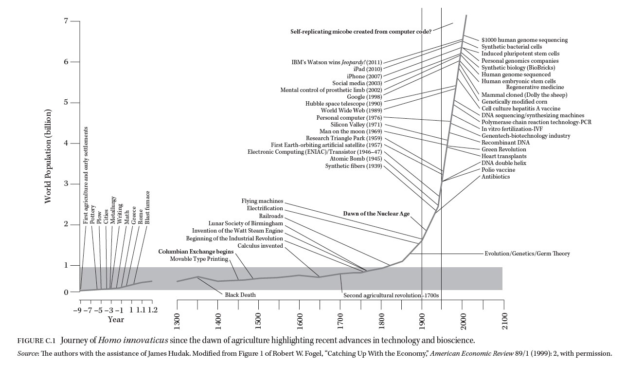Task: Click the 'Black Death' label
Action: coord(240,295)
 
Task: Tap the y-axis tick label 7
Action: coord(65,21)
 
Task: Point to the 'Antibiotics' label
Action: coord(496,177)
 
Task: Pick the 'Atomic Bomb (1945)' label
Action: coord(356,159)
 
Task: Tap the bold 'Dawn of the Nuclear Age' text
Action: coord(376,214)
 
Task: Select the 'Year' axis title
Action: coord(116,320)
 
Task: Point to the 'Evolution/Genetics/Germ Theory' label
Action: coord(527,254)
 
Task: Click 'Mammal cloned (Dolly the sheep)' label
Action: coord(524,95)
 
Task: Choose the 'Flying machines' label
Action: coord(262,201)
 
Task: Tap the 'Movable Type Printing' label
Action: coord(199,259)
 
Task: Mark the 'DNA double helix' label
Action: coord(504,163)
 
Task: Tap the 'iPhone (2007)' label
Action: coord(364,76)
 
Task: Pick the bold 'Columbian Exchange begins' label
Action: coord(193,252)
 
